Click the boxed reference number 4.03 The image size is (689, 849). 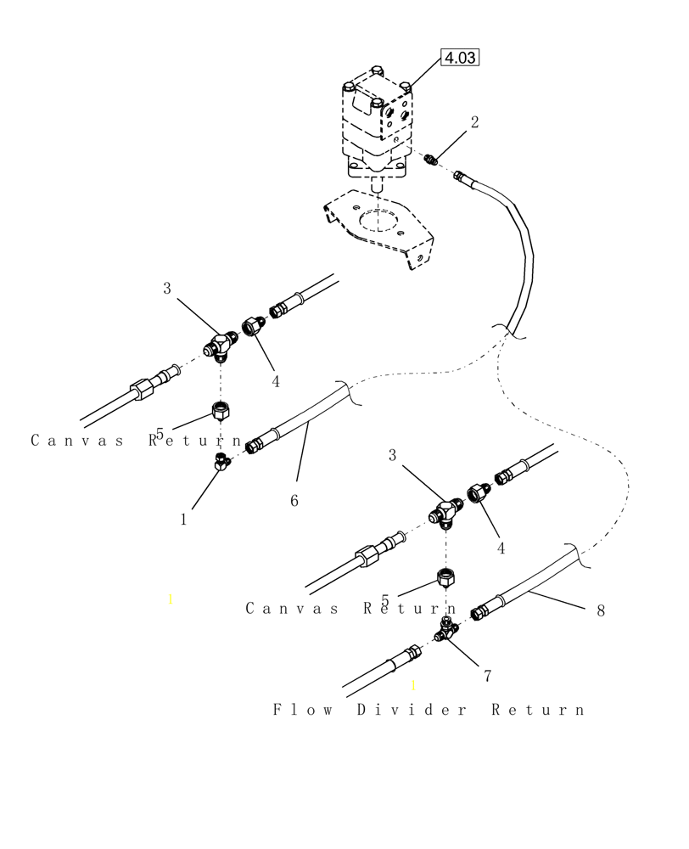pos(459,58)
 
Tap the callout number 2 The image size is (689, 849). pos(474,122)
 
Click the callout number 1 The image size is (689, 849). pos(183,520)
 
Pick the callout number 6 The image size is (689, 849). pos(294,501)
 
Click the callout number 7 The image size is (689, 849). pos(487,676)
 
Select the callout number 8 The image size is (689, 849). pos(601,610)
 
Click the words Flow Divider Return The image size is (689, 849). pos(429,710)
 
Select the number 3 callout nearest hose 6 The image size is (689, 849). pos(167,289)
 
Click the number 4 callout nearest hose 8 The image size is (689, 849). pos(501,548)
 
